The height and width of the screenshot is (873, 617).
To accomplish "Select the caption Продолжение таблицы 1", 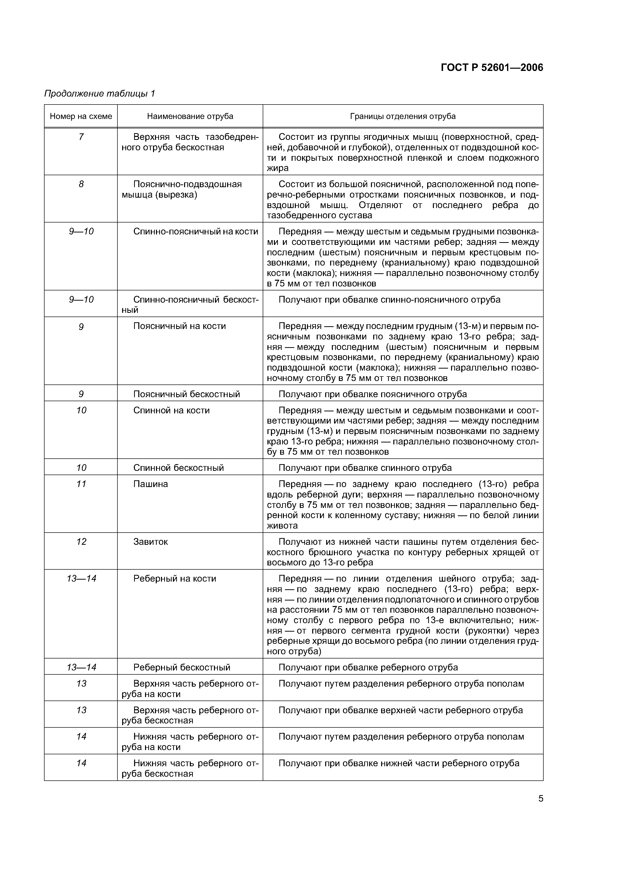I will pos(100,94).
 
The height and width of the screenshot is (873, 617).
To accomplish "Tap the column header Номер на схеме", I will pos(81,116).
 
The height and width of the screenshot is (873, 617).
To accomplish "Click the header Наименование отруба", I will pos(190,116).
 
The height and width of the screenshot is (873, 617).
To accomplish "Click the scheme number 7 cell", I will pos(81,137).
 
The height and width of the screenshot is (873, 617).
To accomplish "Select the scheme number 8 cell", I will pos(81,184).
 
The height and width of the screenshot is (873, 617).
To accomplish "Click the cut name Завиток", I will pos(151,542).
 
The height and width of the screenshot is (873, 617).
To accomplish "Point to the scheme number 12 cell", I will pos(81,542).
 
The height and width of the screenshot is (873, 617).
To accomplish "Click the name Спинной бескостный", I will pos(178,468).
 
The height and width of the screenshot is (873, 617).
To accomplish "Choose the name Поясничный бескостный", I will pos(186,394).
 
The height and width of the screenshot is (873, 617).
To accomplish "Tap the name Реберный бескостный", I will pos(182,667).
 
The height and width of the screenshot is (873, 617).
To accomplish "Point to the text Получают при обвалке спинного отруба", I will pos(365,468).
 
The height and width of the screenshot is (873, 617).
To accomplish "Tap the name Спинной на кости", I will pos(171,411).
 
